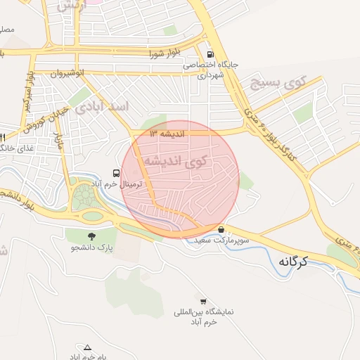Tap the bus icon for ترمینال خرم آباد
[x=115, y=173]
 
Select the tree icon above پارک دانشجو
[x=91, y=236]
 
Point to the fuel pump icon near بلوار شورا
[x=210, y=54]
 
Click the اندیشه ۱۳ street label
[x=166, y=133]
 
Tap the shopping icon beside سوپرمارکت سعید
[x=221, y=229]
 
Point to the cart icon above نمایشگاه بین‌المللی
[x=203, y=301]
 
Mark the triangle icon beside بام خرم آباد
[x=87, y=347]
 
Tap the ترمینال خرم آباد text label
[x=120, y=184]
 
